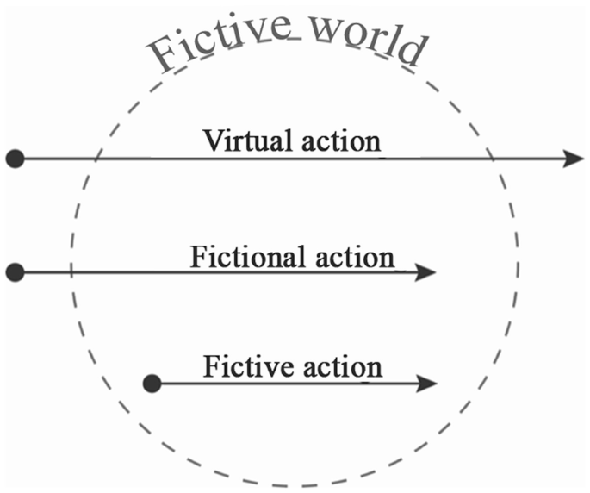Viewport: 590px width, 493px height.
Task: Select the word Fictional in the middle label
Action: pyautogui.click(x=246, y=256)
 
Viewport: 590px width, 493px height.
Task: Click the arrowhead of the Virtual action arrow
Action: pyautogui.click(x=574, y=159)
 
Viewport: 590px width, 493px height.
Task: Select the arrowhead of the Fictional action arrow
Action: pyautogui.click(x=426, y=272)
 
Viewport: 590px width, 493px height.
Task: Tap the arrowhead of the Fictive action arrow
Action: pyautogui.click(x=426, y=383)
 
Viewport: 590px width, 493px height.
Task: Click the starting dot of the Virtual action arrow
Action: pyautogui.click(x=14, y=159)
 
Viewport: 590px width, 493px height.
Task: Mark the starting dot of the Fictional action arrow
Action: pyautogui.click(x=14, y=272)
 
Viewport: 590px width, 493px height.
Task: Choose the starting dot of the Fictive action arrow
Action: pyautogui.click(x=152, y=383)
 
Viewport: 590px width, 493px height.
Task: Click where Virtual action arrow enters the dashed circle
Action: pyautogui.click(x=96, y=159)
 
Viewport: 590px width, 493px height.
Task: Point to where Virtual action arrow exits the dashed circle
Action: pyautogui.click(x=493, y=159)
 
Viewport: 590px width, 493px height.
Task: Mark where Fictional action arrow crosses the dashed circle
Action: pyautogui.click(x=72, y=272)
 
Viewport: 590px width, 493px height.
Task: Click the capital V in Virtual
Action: pyautogui.click(x=212, y=140)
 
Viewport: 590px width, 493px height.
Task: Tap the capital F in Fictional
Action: pyautogui.click(x=197, y=256)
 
